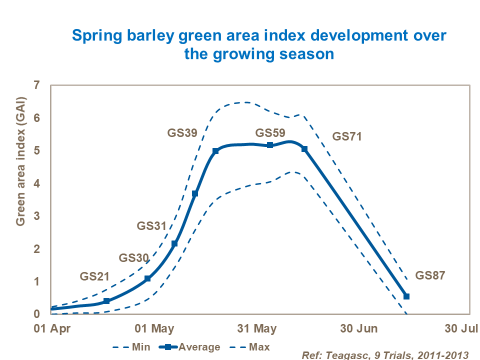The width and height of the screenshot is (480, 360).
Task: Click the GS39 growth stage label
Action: pos(181,133)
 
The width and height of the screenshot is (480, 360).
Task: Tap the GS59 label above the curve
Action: pos(270,133)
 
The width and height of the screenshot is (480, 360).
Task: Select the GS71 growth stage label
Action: pos(347,136)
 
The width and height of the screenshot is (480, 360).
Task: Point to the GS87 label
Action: pos(430,275)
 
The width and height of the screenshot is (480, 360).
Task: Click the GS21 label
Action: pos(94,276)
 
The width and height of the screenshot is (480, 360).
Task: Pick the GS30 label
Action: pos(133,258)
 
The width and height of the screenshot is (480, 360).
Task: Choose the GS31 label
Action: pos(151,226)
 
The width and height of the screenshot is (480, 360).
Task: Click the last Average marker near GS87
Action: pos(406,296)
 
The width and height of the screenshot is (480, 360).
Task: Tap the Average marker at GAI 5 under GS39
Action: pos(215,151)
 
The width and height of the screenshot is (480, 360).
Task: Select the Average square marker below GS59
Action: pos(270,145)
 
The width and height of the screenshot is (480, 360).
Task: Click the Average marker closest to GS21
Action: pos(106,301)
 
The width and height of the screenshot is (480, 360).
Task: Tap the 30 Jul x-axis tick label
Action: pos(460,328)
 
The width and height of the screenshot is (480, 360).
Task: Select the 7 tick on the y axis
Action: pos(36,85)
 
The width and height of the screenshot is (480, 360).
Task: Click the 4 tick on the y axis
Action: pos(36,184)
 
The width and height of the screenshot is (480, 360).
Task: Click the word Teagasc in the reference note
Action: pos(344,354)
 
